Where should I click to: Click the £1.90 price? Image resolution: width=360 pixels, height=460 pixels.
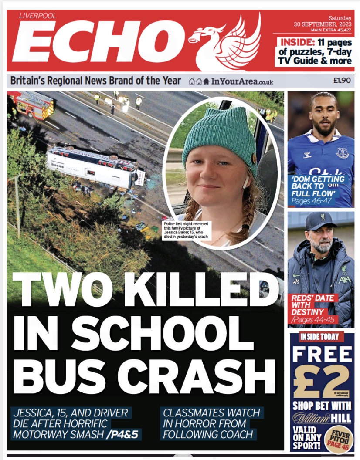click(342, 81)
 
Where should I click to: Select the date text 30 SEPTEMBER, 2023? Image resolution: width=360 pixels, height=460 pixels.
click(323, 24)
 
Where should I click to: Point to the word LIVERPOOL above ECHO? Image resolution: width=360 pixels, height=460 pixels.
click(37, 16)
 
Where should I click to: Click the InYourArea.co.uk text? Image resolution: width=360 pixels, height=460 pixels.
click(242, 81)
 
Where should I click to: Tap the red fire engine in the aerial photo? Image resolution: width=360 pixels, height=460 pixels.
click(33, 105)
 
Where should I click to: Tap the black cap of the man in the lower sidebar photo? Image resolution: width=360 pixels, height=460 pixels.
click(320, 221)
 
